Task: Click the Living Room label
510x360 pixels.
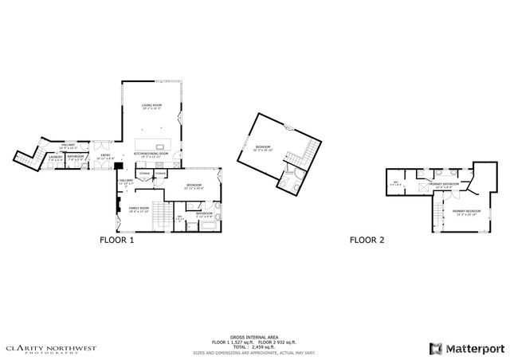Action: coord(152,108)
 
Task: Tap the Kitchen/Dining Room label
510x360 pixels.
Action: coord(152,155)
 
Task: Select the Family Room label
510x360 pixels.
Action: coord(139,209)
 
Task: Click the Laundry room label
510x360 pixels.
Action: coord(54,158)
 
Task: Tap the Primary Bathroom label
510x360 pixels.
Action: coord(445,186)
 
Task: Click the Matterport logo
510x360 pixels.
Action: coord(462,346)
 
